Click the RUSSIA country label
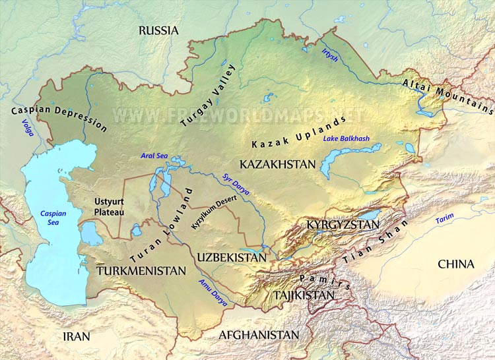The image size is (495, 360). click(158, 30)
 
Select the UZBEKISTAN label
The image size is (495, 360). click(231, 257)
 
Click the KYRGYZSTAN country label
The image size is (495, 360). click(343, 225)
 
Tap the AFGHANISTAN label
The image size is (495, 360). click(259, 335)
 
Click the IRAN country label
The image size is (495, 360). click(76, 336)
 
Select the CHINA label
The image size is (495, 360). click(456, 264)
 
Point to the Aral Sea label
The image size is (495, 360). click(154, 156)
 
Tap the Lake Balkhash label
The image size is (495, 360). click(346, 138)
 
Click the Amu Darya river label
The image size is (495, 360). click(213, 292)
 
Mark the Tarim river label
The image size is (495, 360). click(445, 220)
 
